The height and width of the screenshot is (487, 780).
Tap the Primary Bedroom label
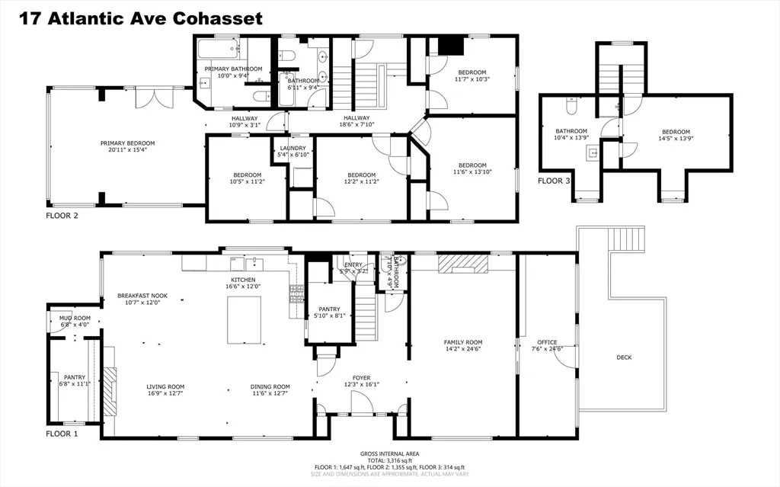pos(128,143)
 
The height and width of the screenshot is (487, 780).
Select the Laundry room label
pos(292,149)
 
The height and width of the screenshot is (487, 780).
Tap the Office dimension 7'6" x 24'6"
pos(547,350)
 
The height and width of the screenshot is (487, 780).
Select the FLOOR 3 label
pos(554,181)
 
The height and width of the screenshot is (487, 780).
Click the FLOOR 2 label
pos(62,216)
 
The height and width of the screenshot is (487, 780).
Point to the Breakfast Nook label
pos(142,296)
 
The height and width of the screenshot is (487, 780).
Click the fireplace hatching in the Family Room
pos(464,264)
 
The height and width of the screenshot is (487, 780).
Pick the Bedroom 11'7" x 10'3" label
pos(472,73)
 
